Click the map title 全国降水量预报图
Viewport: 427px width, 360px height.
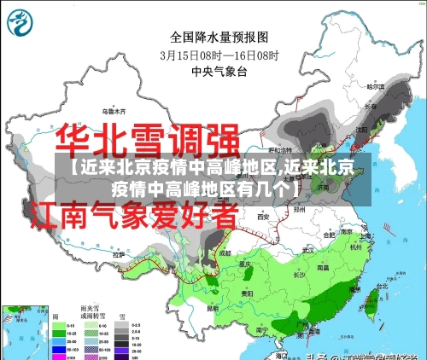[x=219, y=38]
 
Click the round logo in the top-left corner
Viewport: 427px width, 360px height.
[x=20, y=22]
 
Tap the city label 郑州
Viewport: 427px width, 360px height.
[x=299, y=208]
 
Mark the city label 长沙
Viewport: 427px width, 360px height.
[x=300, y=275]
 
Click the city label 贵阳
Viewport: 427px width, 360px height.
[x=249, y=291]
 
